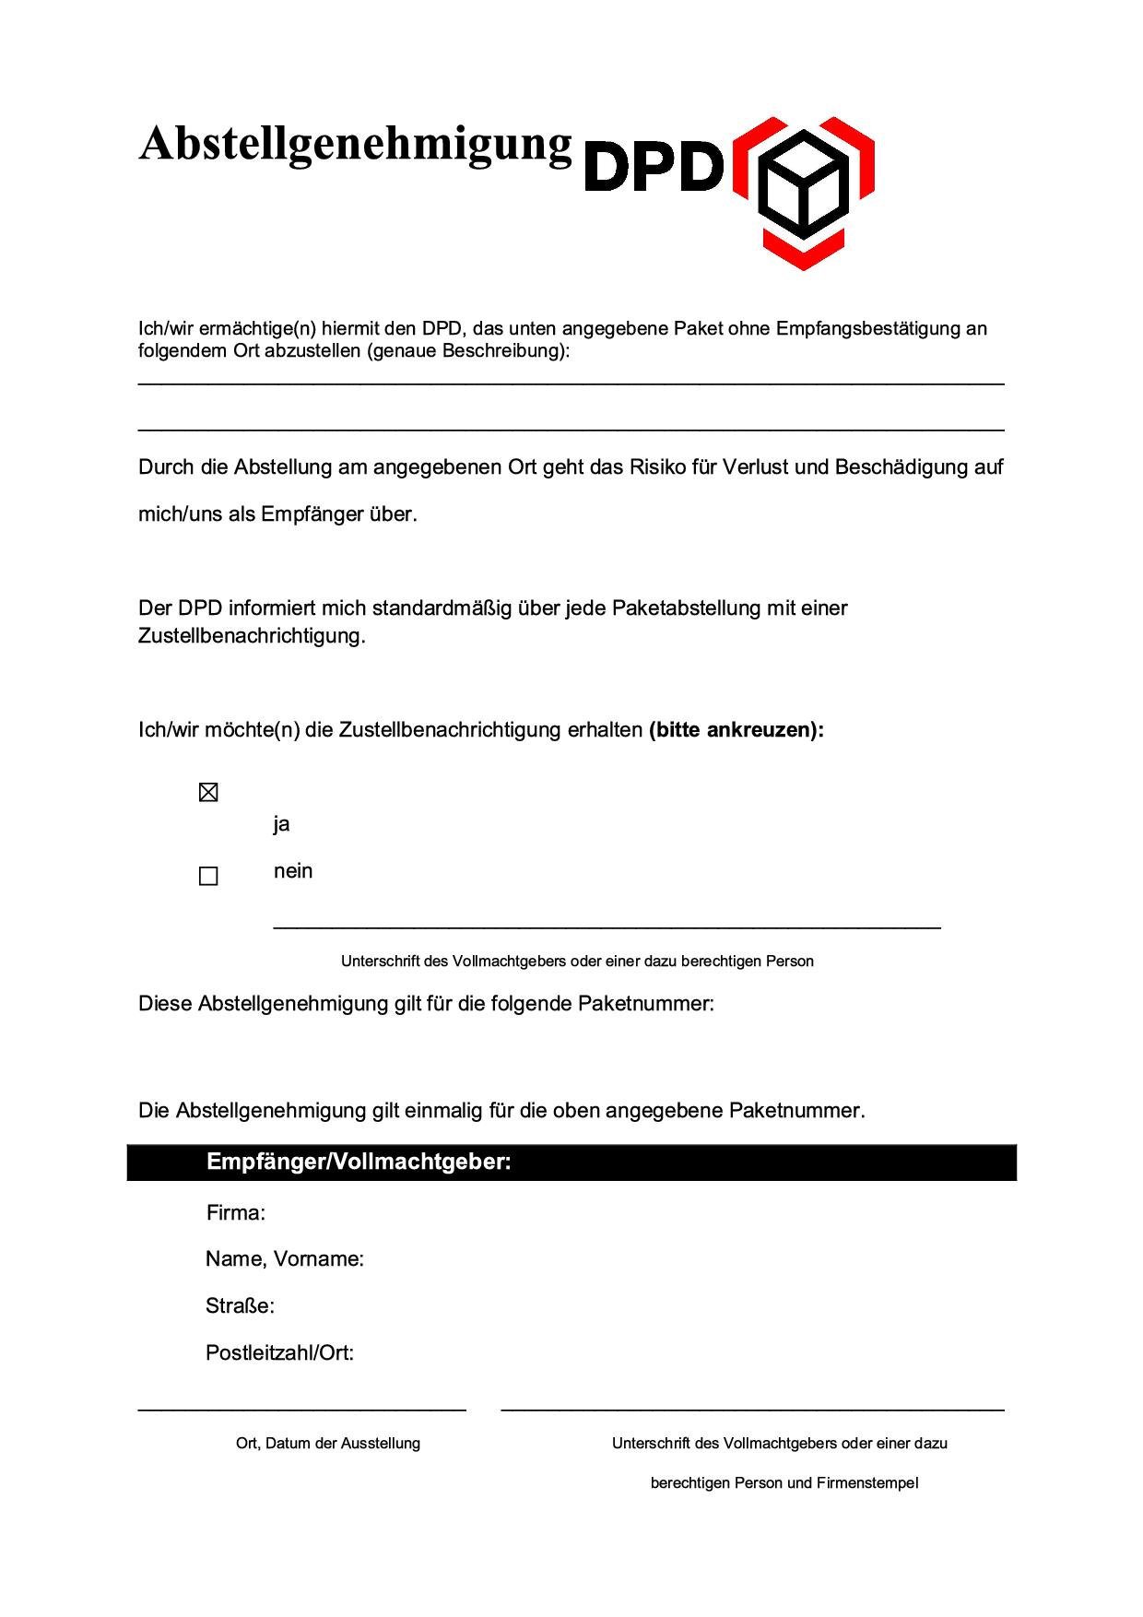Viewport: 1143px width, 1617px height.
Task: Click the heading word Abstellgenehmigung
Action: [x=355, y=146]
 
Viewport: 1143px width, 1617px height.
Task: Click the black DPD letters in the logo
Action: [x=654, y=166]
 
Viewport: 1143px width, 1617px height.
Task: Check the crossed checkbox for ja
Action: [x=208, y=793]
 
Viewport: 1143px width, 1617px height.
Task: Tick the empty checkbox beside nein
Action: [x=208, y=876]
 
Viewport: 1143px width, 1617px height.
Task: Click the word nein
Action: [x=293, y=871]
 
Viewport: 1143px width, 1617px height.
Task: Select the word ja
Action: [x=281, y=824]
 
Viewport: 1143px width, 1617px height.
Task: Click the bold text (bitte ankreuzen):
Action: [x=736, y=730]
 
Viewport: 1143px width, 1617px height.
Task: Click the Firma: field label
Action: [x=236, y=1213]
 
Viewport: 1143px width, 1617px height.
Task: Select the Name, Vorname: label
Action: [x=285, y=1259]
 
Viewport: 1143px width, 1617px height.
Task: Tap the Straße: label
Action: [x=241, y=1306]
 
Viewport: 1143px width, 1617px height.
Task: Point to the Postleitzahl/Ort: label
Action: [x=280, y=1353]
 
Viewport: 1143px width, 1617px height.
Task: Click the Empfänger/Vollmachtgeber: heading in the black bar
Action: [x=359, y=1162]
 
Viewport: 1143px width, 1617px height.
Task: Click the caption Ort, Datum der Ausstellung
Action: [x=328, y=1443]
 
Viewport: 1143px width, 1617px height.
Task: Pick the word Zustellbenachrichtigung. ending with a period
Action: [x=252, y=636]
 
